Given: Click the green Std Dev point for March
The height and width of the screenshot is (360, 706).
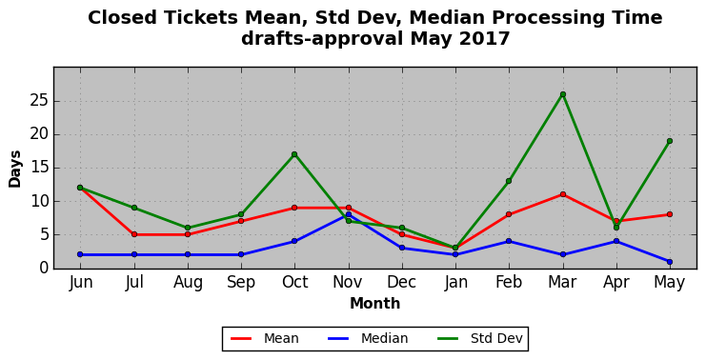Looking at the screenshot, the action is click(563, 94).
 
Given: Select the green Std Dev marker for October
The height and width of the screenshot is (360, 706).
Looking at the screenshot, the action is click(294, 154).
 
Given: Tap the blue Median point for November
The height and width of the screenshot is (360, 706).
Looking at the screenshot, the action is click(349, 214).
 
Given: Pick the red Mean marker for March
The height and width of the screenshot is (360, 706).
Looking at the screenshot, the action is click(563, 194).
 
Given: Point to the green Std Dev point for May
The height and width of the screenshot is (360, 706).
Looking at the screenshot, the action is click(670, 141).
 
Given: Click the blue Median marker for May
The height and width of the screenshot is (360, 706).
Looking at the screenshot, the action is click(670, 262).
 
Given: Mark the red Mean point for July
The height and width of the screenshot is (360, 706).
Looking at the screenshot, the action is click(134, 234).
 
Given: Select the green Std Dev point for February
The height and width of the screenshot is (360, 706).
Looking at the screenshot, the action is click(509, 181).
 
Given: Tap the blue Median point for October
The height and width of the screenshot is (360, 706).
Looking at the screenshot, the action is click(294, 241).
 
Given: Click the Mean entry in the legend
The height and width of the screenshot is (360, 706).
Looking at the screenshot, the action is click(265, 338).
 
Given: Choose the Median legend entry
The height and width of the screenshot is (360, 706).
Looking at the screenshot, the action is click(368, 338).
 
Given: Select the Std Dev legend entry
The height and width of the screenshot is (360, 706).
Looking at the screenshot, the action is click(479, 338).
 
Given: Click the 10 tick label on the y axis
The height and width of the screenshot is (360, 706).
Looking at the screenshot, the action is click(39, 201).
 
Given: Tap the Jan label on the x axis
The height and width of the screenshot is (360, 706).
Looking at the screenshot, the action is click(455, 282).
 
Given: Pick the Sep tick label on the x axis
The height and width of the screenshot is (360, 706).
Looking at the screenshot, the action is click(241, 283).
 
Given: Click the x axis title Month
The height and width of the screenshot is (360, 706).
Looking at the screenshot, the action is click(375, 303).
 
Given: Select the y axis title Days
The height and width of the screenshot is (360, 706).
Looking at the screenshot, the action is click(15, 170).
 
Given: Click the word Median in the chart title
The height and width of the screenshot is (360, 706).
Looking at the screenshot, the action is click(446, 18).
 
